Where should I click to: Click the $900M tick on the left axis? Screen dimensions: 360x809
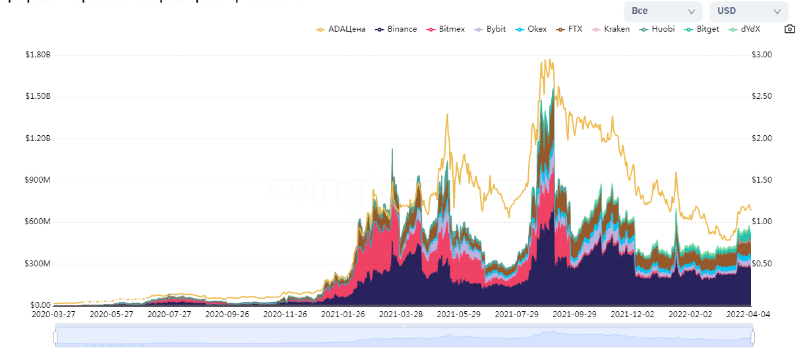point(38,180)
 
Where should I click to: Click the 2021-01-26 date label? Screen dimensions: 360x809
point(343,315)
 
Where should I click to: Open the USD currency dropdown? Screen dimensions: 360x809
point(748,11)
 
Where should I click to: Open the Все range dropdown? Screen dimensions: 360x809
point(663,11)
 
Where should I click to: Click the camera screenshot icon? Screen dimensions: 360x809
point(789,29)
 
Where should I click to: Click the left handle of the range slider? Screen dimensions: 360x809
point(56,338)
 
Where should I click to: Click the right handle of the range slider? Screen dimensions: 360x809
point(752,338)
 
